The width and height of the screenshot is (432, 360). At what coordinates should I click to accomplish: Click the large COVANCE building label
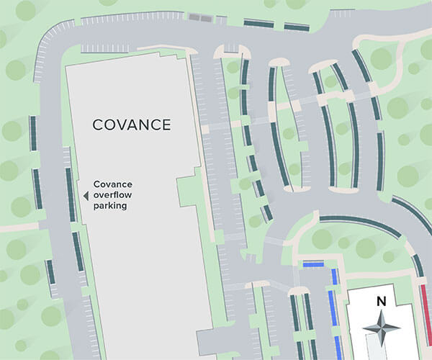132,125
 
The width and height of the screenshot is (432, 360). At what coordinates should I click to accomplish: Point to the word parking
110,206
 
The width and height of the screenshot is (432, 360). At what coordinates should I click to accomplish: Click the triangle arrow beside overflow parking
86,195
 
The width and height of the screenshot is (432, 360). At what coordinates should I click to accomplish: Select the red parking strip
426,306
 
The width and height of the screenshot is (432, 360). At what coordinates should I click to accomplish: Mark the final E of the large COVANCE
166,125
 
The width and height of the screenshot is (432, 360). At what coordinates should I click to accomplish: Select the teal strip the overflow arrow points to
71,194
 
